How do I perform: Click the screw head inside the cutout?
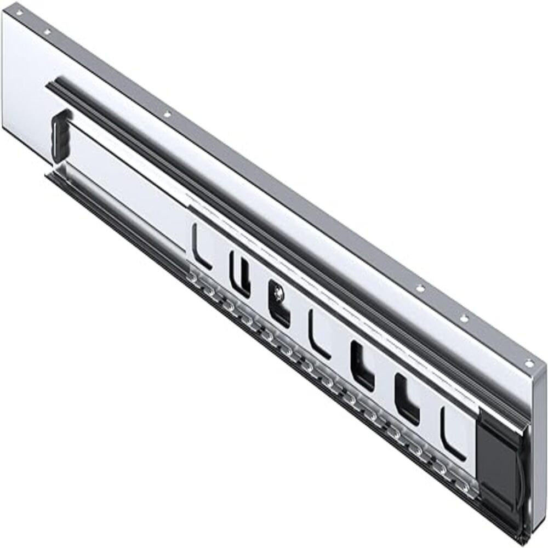point(279,294)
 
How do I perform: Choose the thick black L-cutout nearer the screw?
point(362,367)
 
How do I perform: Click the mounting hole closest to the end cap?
point(528,363)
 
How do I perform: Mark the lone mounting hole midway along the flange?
point(168,115)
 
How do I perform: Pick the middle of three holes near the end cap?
point(464,318)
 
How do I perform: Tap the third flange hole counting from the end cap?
point(420,288)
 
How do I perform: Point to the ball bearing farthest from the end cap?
point(192,279)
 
